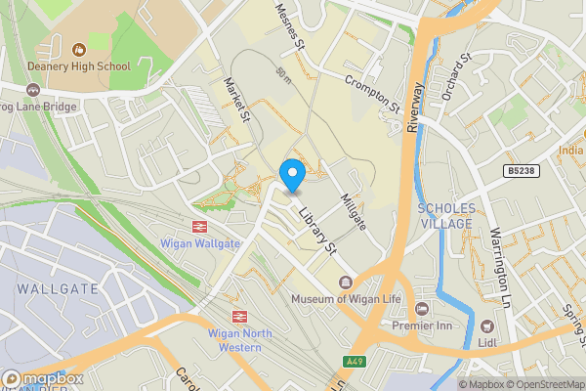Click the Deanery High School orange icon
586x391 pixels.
(80, 45)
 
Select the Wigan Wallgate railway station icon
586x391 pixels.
(198, 225)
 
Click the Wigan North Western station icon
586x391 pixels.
(237, 316)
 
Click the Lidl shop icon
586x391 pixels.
(486, 326)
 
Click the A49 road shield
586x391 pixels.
(358, 361)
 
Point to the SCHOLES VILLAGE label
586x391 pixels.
(446, 216)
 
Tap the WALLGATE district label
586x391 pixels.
(58, 288)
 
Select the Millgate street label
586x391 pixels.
(353, 212)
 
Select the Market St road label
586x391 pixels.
(237, 101)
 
